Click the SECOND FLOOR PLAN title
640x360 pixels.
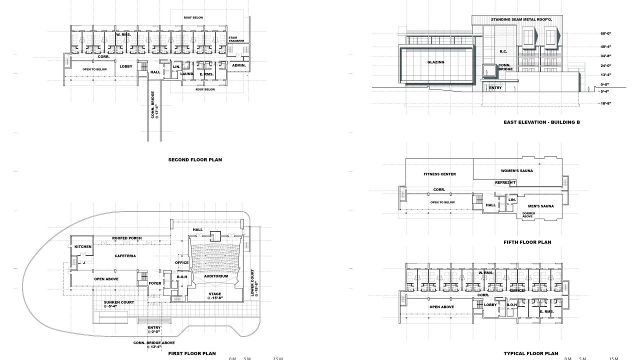coord(195,159)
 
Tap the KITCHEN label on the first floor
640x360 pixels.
coord(83,246)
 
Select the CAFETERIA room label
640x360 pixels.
coord(125,256)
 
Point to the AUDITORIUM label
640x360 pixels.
coord(216,276)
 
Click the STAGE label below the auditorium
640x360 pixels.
coord(215,293)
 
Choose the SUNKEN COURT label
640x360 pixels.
coord(119,302)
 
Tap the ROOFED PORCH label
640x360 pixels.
coord(127,238)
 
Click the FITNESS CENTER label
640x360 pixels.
coord(439,174)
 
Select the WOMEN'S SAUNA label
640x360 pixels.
coord(517,171)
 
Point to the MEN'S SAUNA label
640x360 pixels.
coord(541,206)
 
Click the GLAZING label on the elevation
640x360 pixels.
coord(435,62)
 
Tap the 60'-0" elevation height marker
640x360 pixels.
coord(605,33)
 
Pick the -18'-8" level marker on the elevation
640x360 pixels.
coord(604,103)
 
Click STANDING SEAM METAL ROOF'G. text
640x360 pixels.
coord(521,19)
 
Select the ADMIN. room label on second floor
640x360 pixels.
coord(239,65)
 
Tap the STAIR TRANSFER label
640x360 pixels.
coord(236,39)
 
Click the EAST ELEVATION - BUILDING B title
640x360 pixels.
coord(541,122)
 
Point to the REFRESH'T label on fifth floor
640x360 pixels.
coord(505,182)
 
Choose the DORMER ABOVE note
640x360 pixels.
coord(528,215)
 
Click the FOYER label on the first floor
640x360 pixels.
coord(155,283)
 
